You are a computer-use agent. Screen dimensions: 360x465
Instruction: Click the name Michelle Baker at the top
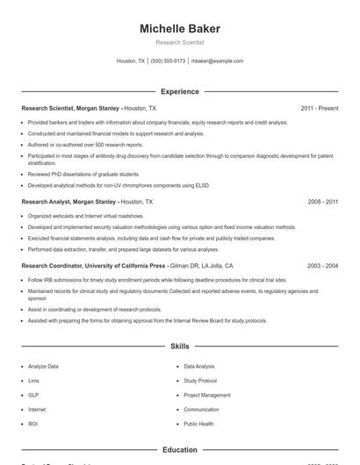(x=180, y=29)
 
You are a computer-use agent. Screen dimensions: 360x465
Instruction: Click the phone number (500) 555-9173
(x=168, y=61)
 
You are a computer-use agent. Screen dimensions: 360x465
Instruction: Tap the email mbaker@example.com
(x=217, y=61)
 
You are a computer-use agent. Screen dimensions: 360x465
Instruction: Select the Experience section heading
(x=180, y=91)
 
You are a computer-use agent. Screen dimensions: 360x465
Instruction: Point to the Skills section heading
(x=180, y=347)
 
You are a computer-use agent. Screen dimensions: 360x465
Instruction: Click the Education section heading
(x=180, y=450)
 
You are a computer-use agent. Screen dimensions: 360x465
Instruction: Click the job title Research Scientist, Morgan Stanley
(x=70, y=108)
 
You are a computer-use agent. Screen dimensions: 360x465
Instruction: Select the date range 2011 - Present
(x=319, y=108)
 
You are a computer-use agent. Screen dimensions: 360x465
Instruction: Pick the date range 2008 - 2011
(x=322, y=201)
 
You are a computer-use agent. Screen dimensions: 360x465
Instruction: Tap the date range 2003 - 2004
(x=322, y=265)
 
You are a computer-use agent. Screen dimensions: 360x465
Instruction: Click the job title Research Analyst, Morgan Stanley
(x=68, y=201)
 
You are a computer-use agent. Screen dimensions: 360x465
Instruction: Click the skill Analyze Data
(x=44, y=366)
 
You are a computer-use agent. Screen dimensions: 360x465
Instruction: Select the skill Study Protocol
(x=200, y=381)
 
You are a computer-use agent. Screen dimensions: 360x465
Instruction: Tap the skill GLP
(x=33, y=395)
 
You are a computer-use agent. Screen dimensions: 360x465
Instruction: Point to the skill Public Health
(x=198, y=424)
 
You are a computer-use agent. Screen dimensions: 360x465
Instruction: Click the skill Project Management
(x=207, y=395)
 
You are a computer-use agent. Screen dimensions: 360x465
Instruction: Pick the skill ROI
(x=32, y=424)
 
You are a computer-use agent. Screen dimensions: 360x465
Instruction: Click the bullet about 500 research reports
(x=85, y=145)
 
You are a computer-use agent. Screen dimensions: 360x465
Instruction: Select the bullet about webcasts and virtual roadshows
(x=85, y=215)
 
